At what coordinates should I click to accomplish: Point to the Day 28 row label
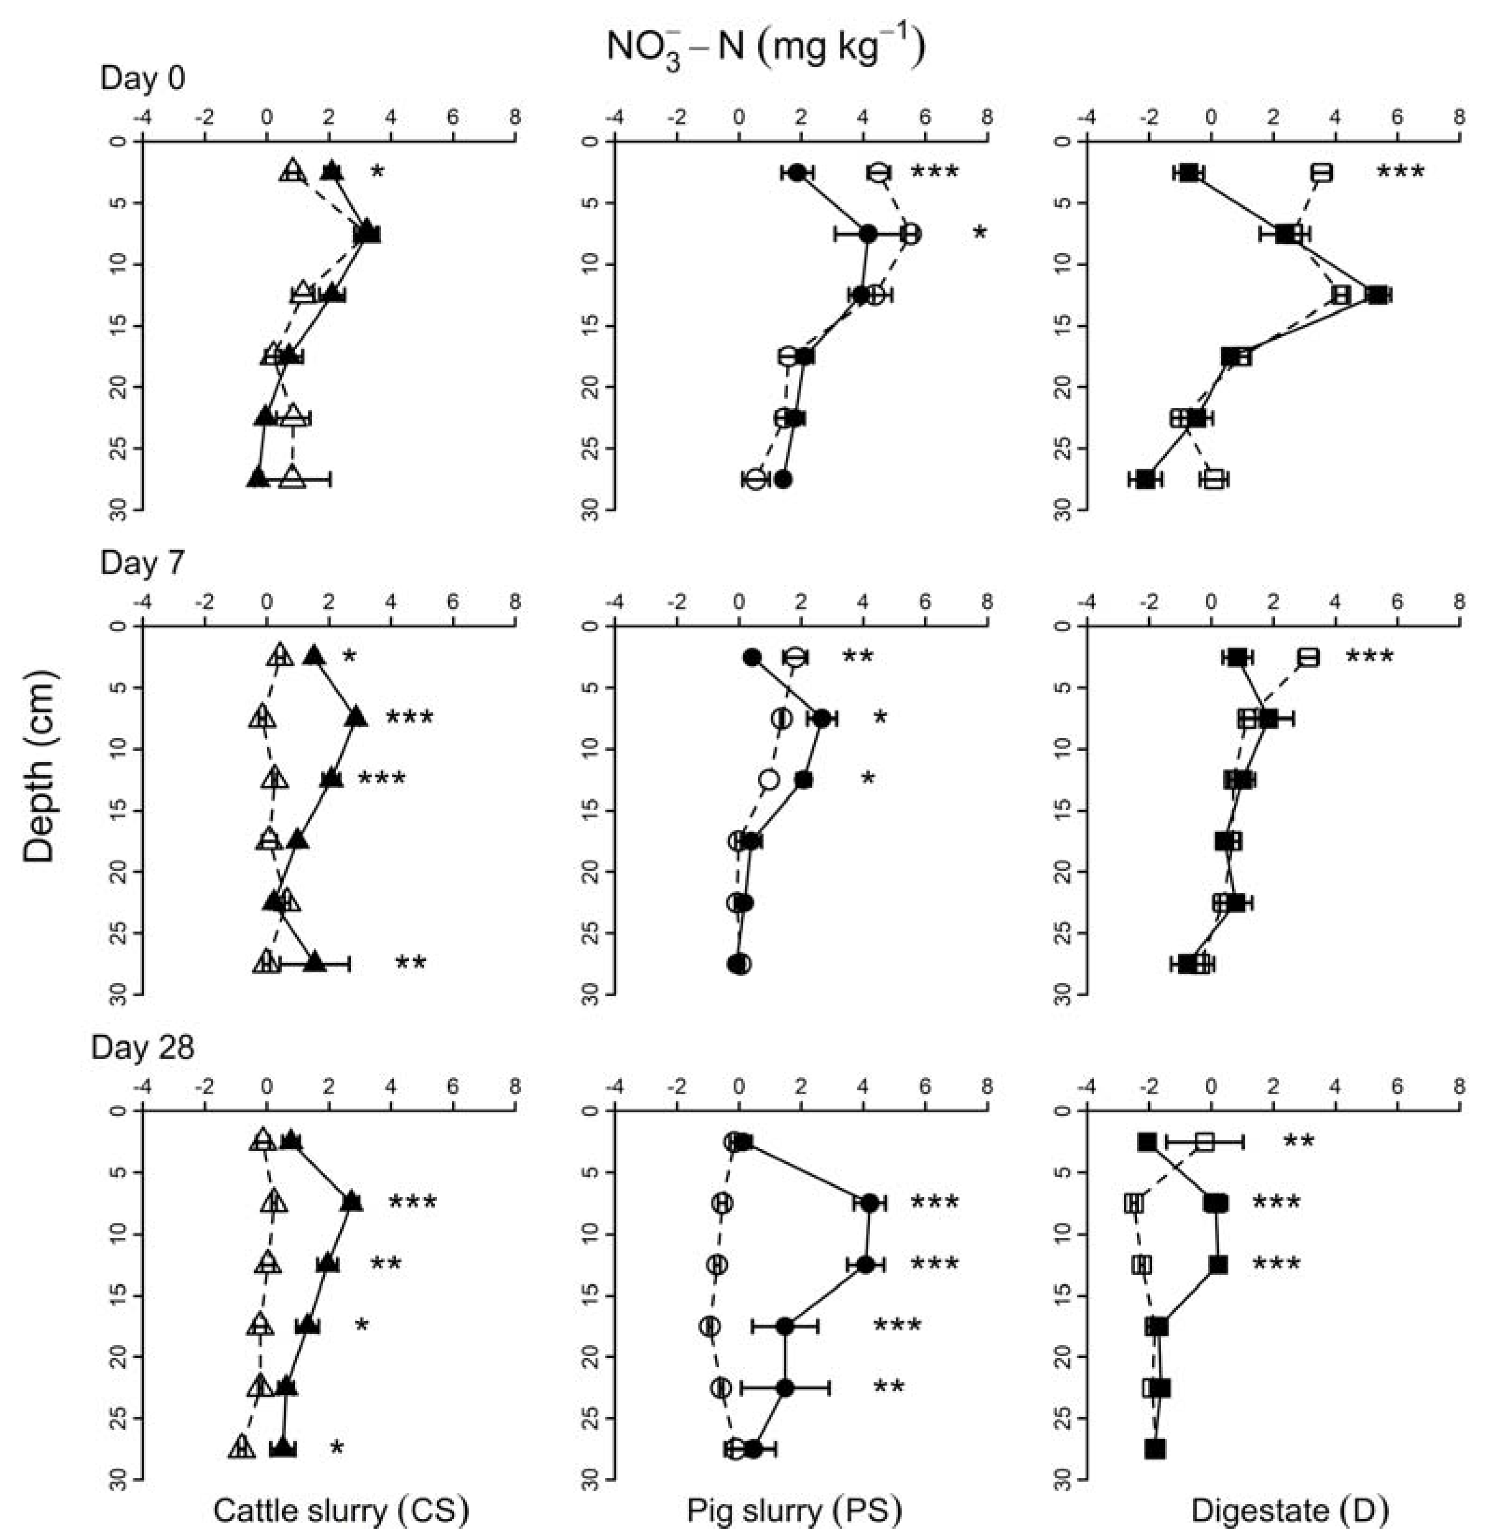coord(142,1048)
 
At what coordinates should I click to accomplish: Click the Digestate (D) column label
coord(1290,1510)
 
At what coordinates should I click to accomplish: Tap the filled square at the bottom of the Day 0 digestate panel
coord(1146,479)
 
